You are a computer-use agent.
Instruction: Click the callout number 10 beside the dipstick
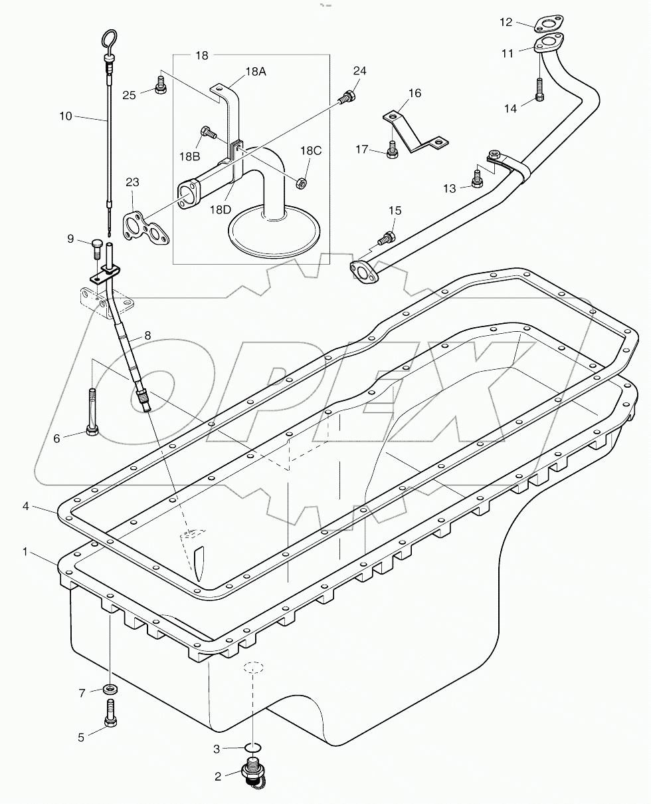pyautogui.click(x=66, y=116)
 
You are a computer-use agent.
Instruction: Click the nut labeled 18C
pyautogui.click(x=300, y=182)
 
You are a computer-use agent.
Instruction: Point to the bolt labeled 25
pyautogui.click(x=159, y=86)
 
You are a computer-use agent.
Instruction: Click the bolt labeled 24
pyautogui.click(x=346, y=97)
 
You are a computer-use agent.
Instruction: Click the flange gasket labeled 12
pyautogui.click(x=549, y=25)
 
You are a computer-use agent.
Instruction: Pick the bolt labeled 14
pyautogui.click(x=539, y=89)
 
